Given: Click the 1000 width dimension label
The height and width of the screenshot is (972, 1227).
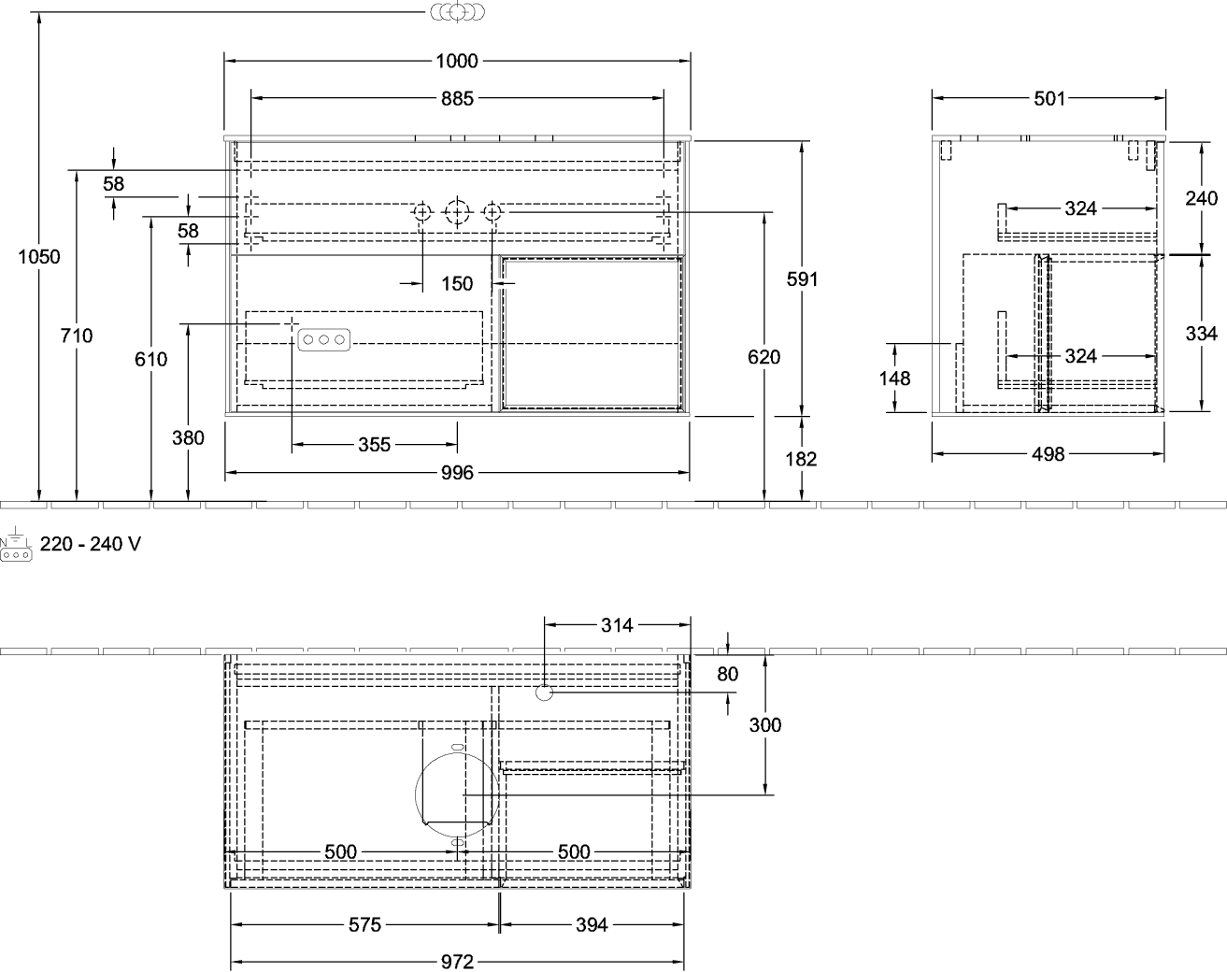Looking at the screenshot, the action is coord(457,61).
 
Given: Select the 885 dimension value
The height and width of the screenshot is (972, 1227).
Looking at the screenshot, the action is coord(457,99).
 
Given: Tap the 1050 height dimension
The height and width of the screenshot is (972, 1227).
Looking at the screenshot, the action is coord(38,257).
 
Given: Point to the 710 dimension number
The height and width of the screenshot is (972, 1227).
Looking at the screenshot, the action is coord(77,336).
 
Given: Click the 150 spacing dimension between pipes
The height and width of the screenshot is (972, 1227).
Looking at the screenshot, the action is coord(457,283).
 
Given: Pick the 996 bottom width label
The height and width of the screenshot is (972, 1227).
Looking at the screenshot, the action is coord(457,472).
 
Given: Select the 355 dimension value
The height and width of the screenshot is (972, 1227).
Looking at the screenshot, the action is coord(374,444).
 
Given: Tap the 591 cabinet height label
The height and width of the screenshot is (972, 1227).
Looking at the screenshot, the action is coord(802,279).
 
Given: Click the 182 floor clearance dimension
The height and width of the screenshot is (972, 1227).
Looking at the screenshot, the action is coord(801,459).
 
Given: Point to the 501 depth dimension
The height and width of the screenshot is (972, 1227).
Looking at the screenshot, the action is coord(1049,99).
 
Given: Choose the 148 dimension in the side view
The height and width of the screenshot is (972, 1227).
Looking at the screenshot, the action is coord(894,379).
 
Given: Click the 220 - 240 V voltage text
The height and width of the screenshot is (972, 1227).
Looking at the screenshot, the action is coord(90,544).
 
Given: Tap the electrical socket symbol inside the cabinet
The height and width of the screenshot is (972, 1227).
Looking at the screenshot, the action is coord(324,340).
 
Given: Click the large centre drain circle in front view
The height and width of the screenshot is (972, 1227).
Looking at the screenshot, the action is coord(457,213).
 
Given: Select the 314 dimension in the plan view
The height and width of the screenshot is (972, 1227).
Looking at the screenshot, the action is coord(617,625).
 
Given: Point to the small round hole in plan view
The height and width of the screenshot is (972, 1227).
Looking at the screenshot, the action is coord(545,693).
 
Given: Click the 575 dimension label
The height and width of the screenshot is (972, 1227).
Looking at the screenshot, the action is coord(364,924).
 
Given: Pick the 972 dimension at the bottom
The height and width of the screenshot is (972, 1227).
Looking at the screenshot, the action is coord(457,963).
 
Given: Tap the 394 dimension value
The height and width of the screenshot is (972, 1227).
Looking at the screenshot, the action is coord(592,924).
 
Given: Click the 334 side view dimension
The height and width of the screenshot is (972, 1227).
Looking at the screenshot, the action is coord(1202,333).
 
